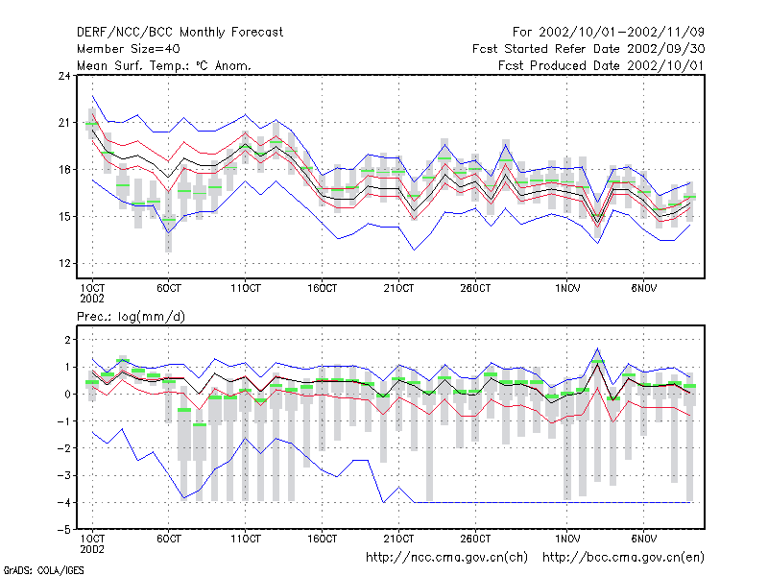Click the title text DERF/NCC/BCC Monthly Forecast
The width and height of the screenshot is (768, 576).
coord(180,33)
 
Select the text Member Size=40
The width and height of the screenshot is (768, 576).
coord(129,49)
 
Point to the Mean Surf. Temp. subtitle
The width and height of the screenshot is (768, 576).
coord(164,65)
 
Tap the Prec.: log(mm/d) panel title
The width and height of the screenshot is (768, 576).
coord(131,317)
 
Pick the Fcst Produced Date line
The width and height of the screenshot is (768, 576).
coord(601,65)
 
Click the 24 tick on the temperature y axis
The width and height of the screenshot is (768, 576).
coord(64,76)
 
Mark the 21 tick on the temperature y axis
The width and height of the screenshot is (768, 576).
coord(64,123)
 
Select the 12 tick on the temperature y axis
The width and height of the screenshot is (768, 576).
coord(64,263)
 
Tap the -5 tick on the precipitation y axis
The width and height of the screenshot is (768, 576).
coord(63,530)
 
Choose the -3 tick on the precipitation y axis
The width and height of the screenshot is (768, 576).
coord(63,475)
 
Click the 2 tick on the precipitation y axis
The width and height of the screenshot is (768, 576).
coord(67,340)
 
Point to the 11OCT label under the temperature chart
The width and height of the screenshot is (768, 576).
coord(246,289)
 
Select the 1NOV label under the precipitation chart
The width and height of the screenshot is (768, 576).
coord(567,540)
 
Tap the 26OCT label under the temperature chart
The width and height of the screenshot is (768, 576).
coord(475,289)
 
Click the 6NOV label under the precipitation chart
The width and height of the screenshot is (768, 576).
coord(643,540)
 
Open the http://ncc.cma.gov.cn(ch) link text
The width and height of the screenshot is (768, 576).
coord(446,558)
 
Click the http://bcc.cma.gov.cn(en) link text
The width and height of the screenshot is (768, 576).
coord(623,558)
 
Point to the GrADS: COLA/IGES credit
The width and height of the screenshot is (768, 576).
coord(44,570)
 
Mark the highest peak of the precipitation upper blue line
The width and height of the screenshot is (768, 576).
coord(597,348)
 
